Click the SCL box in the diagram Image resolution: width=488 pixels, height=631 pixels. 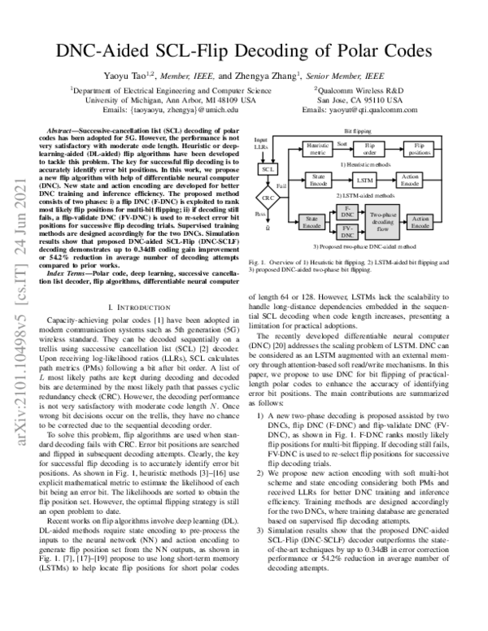tap(265, 169)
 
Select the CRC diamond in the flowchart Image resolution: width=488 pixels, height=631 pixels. tap(265, 198)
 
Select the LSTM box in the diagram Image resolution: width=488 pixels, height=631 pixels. tap(366, 179)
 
